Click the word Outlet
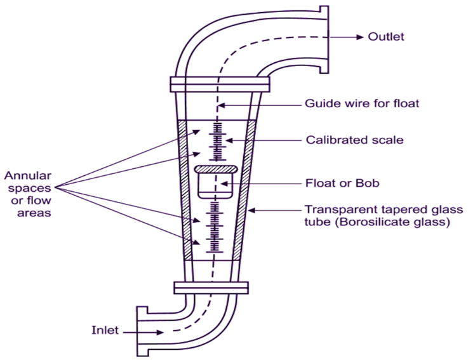tap(386, 37)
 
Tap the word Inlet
tap(105, 330)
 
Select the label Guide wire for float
tap(362, 103)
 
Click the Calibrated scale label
tap(354, 140)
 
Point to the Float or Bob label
tap(342, 183)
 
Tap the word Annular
tap(28, 176)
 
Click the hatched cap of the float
tap(216, 170)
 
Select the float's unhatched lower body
tap(215, 186)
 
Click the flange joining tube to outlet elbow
tap(220, 84)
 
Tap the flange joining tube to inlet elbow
tap(211, 288)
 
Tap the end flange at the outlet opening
tap(324, 40)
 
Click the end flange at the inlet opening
tap(142, 331)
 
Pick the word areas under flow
tap(34, 213)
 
